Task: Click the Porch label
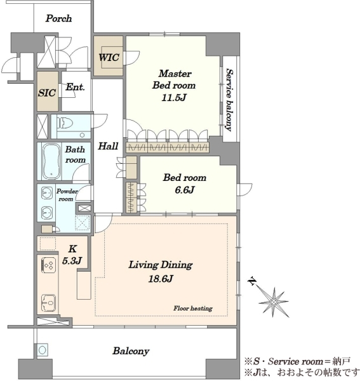coord(58,18)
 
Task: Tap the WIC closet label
coord(109,58)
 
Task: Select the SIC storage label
coord(47,93)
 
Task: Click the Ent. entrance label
coord(75,87)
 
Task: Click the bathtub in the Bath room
coord(51,161)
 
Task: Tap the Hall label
coord(108,146)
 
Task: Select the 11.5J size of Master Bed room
coord(174,98)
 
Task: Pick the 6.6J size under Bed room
coord(185,190)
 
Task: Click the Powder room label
coord(67,195)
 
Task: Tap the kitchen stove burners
coord(49,265)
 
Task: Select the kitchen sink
coord(49,303)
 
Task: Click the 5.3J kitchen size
coord(72,261)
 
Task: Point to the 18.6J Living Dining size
coord(161,279)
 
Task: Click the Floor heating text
coord(193,309)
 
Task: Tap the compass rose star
coord(274,302)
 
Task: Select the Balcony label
coord(131,351)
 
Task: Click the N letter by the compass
coord(253,281)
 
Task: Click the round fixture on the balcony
coord(42,351)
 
